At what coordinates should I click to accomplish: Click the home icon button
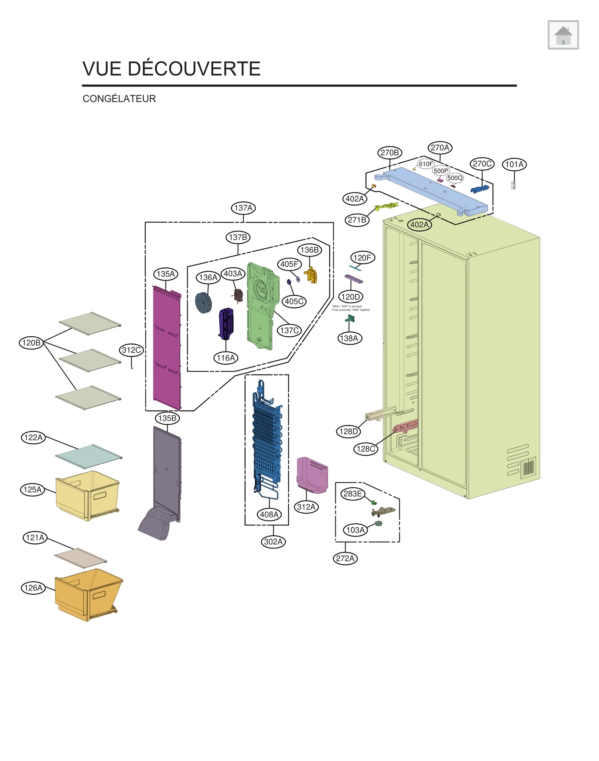pyautogui.click(x=563, y=35)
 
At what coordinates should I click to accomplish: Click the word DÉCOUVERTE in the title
pyautogui.click(x=194, y=69)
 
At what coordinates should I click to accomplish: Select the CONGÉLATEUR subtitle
pyautogui.click(x=119, y=99)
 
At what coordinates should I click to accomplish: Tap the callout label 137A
pyautogui.click(x=243, y=208)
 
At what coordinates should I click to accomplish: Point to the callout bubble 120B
pyautogui.click(x=31, y=343)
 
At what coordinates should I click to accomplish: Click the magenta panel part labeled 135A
pyautogui.click(x=167, y=348)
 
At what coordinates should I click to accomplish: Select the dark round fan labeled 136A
pyautogui.click(x=203, y=303)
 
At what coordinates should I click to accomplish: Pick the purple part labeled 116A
pyautogui.click(x=226, y=323)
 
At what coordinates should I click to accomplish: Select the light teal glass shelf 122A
pyautogui.click(x=88, y=456)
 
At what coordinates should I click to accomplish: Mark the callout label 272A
pyautogui.click(x=345, y=558)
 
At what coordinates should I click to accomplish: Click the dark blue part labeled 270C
pyautogui.click(x=480, y=189)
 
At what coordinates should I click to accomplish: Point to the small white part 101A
pyautogui.click(x=513, y=185)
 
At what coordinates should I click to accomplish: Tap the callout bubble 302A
pyautogui.click(x=273, y=542)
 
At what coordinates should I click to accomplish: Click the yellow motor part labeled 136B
pyautogui.click(x=311, y=275)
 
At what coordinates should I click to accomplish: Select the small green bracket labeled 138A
pyautogui.click(x=350, y=319)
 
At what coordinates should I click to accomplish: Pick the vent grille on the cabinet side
pyautogui.click(x=528, y=467)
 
